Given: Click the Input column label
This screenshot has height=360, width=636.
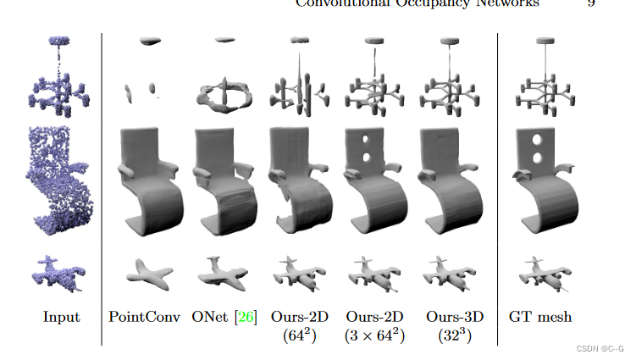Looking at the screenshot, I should tap(61, 317).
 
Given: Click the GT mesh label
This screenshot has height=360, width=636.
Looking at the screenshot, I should tap(540, 317).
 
